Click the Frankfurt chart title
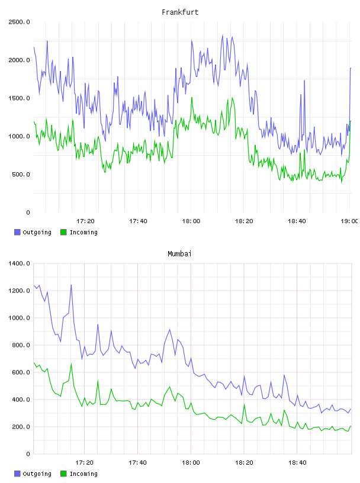pos(180,12)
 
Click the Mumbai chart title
pos(179,254)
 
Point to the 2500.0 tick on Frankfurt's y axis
pos(19,22)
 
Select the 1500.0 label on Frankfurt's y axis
pos(19,98)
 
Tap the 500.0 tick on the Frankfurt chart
pos(21,175)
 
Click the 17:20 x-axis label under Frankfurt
pos(85,221)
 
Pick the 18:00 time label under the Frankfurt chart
pos(191,221)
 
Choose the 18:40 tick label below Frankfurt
pos(297,221)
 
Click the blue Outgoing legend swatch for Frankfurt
pos(17,232)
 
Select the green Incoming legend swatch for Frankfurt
pos(63,232)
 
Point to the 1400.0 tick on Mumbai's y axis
pos(19,263)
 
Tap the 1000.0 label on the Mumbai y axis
pos(19,318)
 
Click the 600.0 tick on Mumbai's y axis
pos(21,372)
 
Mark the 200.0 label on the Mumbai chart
pos(21,427)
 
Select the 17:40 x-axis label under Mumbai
pos(137,463)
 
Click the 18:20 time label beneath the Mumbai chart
pos(244,463)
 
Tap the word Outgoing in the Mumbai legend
pos(37,474)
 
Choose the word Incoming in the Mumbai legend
pos(83,474)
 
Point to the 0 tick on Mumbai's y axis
pos(28,454)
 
